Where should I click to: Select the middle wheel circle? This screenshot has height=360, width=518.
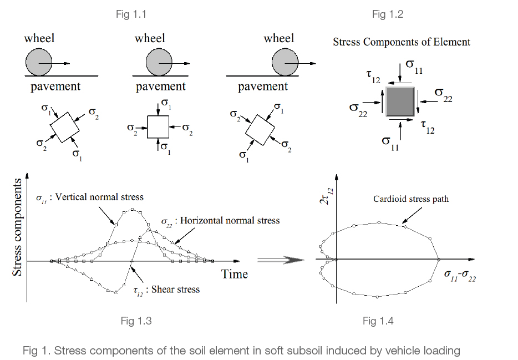[160, 63]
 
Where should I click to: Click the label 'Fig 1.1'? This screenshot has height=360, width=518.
[131, 14]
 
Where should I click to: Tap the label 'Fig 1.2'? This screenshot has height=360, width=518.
[387, 14]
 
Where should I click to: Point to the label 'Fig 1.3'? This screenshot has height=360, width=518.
[136, 321]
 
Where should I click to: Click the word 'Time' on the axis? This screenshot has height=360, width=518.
[235, 274]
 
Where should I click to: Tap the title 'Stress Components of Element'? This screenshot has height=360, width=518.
[402, 42]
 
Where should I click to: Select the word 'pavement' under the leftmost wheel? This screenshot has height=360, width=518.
[55, 87]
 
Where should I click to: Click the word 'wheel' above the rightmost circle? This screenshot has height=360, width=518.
[279, 38]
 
